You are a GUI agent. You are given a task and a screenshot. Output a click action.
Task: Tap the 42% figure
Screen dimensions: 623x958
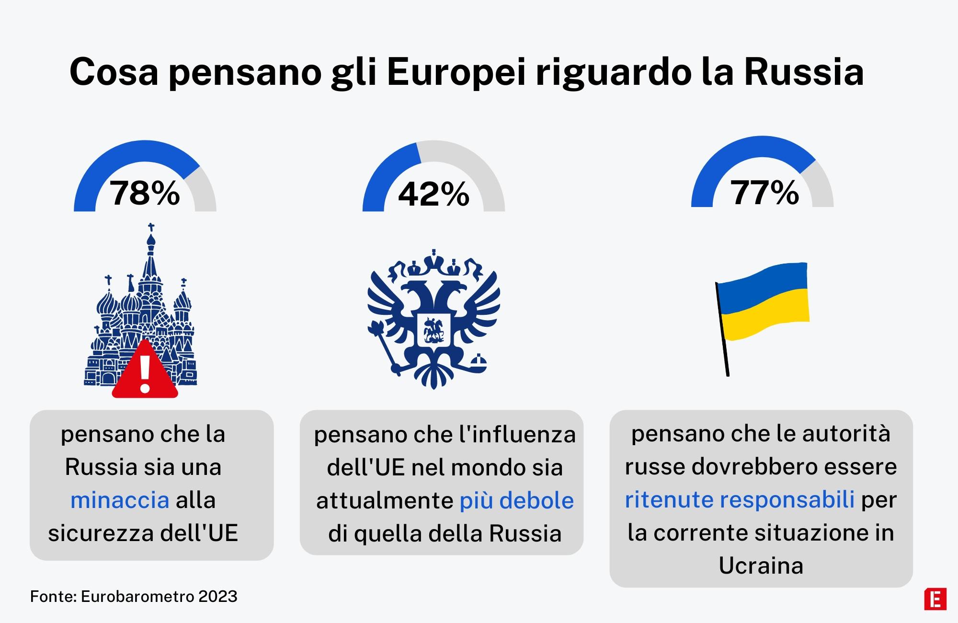point(433,194)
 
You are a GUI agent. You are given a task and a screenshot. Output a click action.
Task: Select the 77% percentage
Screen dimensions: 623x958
point(764,193)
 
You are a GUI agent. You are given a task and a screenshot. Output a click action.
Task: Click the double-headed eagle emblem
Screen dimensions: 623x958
point(433,319)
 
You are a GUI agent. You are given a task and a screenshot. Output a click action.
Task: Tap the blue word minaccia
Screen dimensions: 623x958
point(120,500)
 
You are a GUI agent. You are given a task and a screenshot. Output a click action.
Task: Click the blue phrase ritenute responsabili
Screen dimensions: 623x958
point(740,499)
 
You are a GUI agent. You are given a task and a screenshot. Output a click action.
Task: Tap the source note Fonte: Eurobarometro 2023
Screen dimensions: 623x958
point(134,596)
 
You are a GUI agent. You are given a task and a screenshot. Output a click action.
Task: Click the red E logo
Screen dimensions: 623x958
point(935,599)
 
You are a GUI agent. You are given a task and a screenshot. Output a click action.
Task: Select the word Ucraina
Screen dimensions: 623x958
point(761,565)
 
